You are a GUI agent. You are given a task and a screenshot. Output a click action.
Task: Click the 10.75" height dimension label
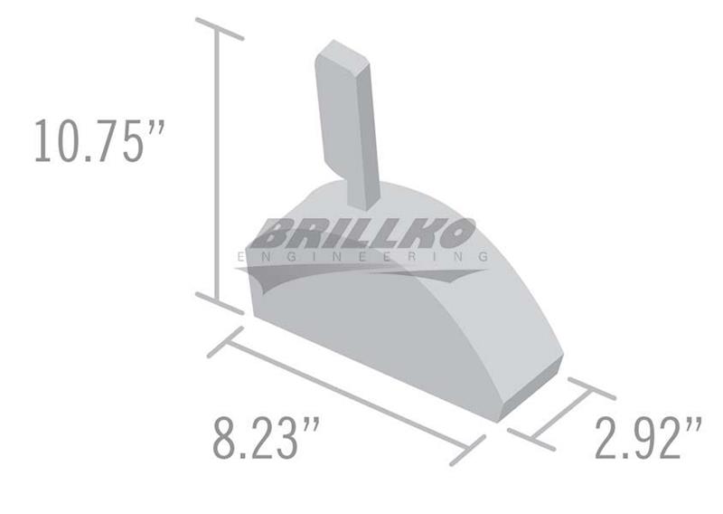tap(99, 141)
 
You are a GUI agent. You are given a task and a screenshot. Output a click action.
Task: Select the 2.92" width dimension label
tap(649, 437)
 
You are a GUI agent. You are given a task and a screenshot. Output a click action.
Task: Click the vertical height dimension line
tap(216, 166)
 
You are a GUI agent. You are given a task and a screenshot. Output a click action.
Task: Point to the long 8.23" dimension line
tap(347, 396)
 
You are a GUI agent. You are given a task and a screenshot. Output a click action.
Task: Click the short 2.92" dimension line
tap(561, 414)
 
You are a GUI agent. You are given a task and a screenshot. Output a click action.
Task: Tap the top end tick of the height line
tap(220, 29)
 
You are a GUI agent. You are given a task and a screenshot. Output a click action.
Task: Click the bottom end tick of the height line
tap(220, 303)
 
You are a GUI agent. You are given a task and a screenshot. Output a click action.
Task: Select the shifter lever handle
tap(347, 125)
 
